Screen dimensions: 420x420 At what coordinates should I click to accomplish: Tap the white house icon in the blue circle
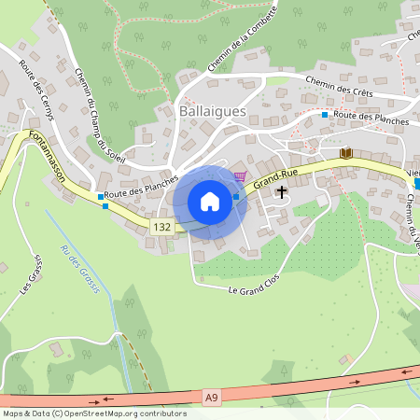click(210, 202)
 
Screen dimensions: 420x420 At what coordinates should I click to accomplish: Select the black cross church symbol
click(281, 190)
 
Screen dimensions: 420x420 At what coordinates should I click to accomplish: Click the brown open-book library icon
click(346, 153)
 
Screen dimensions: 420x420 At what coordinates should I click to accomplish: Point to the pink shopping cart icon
click(241, 175)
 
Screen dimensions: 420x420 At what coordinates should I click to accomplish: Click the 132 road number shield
click(162, 227)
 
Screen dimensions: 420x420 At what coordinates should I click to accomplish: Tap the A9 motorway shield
click(212, 397)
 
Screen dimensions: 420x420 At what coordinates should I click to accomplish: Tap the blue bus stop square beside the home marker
click(236, 196)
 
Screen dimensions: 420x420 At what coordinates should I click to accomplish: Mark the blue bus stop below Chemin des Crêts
click(325, 115)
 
